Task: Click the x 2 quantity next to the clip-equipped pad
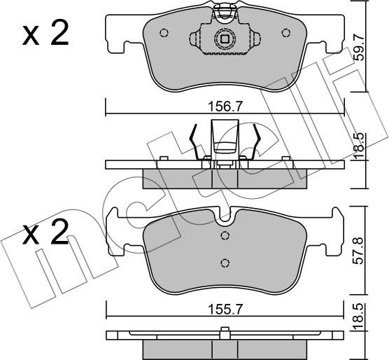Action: click(45, 35)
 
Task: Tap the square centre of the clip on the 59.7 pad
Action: click(224, 40)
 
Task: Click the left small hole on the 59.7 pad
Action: click(164, 32)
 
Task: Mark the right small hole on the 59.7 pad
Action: click(285, 32)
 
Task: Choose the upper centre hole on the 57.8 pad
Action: click(225, 235)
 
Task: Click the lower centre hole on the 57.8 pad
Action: click(225, 263)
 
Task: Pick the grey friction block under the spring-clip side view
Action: click(224, 179)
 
